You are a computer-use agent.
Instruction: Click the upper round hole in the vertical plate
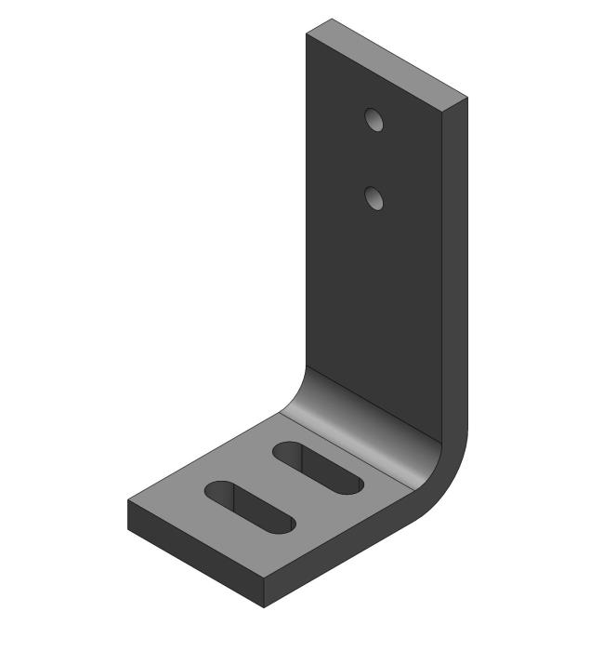pos(374,120)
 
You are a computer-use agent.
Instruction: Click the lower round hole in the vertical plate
pos(374,198)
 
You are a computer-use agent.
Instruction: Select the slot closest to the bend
pos(319,468)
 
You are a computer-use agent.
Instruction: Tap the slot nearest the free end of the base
pos(249,507)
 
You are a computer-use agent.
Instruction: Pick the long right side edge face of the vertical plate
pos(453,279)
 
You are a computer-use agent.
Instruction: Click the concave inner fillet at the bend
pos(362,418)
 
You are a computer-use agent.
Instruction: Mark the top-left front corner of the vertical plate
pos(307,33)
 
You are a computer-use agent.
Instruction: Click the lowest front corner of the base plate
pos(265,606)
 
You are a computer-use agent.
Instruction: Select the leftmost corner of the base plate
pos(128,502)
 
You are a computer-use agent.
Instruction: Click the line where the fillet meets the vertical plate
pos(372,400)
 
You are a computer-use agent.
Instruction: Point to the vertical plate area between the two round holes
pos(374,159)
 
